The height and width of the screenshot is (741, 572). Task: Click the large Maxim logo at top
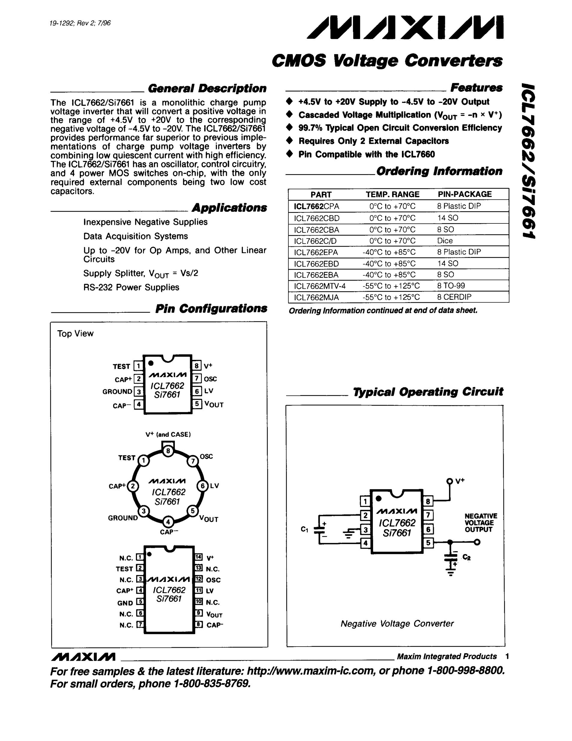pyautogui.click(x=405, y=27)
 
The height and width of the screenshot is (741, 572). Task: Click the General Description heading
pyautogui.click(x=207, y=88)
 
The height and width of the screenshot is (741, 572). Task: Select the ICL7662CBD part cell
pyautogui.click(x=317, y=218)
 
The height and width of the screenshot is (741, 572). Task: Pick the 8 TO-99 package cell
pyautogui.click(x=451, y=286)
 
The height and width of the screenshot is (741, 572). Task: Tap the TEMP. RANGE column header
pyautogui.click(x=392, y=194)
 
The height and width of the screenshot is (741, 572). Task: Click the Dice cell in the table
pyautogui.click(x=445, y=241)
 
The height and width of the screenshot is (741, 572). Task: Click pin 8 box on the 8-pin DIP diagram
pyautogui.click(x=196, y=366)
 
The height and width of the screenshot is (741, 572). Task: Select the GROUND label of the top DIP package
pyautogui.click(x=117, y=392)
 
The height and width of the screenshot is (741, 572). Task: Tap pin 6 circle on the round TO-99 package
pyautogui.click(x=203, y=486)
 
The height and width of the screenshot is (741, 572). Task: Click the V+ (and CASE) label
pyautogui.click(x=168, y=435)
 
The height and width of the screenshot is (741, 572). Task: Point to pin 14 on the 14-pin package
pyautogui.click(x=199, y=557)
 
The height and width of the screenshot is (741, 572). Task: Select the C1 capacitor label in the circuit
pyautogui.click(x=304, y=529)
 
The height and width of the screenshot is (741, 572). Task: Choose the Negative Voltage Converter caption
pyautogui.click(x=397, y=624)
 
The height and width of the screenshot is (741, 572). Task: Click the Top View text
pyautogui.click(x=75, y=334)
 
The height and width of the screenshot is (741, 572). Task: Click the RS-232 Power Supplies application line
pyautogui.click(x=131, y=287)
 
